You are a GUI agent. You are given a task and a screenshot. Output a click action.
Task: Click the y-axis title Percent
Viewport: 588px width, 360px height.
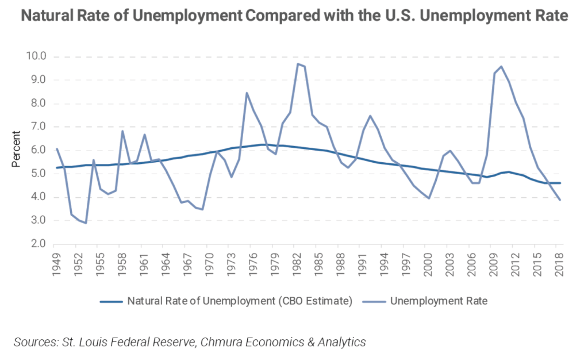click(16, 151)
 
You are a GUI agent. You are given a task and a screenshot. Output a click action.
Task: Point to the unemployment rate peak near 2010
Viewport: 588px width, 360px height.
click(501, 66)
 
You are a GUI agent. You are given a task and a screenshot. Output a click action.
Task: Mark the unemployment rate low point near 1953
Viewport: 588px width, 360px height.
click(86, 223)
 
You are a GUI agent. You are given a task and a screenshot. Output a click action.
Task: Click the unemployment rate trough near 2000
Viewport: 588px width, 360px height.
click(428, 198)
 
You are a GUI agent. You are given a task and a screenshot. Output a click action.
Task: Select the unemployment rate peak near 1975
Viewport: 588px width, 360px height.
click(247, 93)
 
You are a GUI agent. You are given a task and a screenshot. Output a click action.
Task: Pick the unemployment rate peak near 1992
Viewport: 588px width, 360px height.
click(370, 116)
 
